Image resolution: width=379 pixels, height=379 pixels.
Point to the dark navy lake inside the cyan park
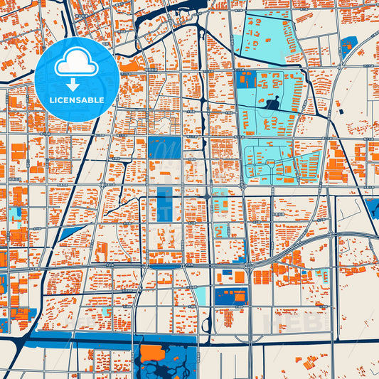coord(273,105)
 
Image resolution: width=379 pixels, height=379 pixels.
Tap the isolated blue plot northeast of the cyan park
coord(348,48)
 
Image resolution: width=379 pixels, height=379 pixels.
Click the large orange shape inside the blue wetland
coord(153,353)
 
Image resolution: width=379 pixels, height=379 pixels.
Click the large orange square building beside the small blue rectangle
coord(240,277)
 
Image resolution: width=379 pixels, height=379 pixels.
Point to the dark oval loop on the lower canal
coord(206,325)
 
